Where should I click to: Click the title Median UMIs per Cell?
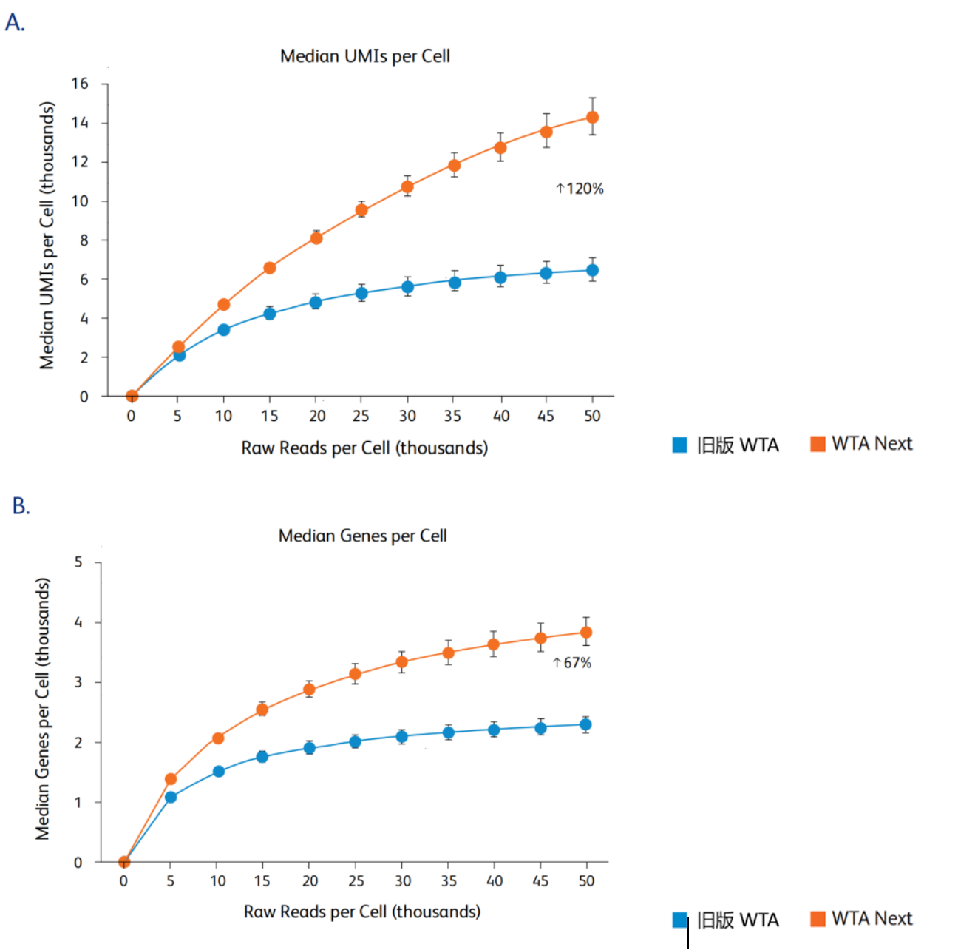(364, 56)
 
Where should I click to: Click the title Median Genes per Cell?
(362, 536)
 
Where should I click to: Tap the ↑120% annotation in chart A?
(580, 189)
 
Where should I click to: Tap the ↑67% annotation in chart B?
(572, 663)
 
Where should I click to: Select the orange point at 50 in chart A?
(592, 118)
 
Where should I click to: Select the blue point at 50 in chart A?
(592, 271)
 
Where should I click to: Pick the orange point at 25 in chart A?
(361, 210)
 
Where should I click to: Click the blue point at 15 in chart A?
(270, 314)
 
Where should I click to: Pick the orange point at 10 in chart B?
(218, 738)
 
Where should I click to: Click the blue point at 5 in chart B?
(171, 797)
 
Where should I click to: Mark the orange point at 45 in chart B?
(540, 639)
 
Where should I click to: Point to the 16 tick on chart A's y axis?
(80, 84)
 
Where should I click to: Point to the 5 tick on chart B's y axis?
(78, 562)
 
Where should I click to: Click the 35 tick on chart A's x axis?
(453, 416)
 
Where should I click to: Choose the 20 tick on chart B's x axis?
(310, 881)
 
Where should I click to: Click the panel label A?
(15, 22)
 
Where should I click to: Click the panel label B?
(21, 506)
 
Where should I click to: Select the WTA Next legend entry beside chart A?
(862, 444)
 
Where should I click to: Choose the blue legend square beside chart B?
(679, 920)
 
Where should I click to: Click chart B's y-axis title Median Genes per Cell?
(43, 709)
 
